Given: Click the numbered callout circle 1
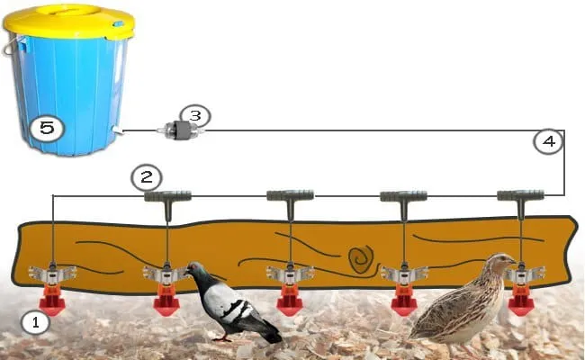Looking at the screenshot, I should click(35, 322).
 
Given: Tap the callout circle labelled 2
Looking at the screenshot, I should click(145, 175).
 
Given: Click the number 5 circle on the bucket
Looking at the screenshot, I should click(47, 128).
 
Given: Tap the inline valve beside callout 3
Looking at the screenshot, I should click(180, 130).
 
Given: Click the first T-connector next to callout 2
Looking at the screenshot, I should click(167, 195).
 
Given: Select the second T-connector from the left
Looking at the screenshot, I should click(289, 195).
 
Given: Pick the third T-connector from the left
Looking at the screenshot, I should click(402, 195).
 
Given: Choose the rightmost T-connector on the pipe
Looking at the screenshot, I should click(521, 195).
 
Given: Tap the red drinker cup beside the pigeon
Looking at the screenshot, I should click(166, 302).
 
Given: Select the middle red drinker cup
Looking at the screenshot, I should click(289, 302).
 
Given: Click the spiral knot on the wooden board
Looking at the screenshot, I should click(362, 257).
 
